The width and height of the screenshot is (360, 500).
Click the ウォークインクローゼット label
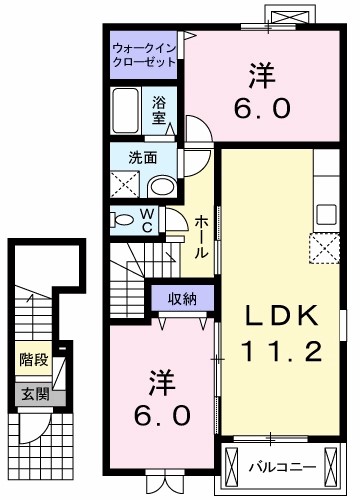click(x=144, y=54)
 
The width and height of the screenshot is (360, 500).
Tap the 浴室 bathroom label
click(x=159, y=109)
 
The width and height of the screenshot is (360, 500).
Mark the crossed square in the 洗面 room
click(x=127, y=184)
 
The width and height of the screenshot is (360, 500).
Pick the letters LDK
click(x=283, y=317)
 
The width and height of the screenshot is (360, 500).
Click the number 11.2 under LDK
click(x=283, y=352)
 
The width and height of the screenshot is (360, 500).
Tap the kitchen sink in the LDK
click(x=327, y=213)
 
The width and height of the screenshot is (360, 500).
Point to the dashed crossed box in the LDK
click(x=325, y=246)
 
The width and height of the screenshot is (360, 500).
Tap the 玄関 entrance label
click(x=32, y=393)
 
